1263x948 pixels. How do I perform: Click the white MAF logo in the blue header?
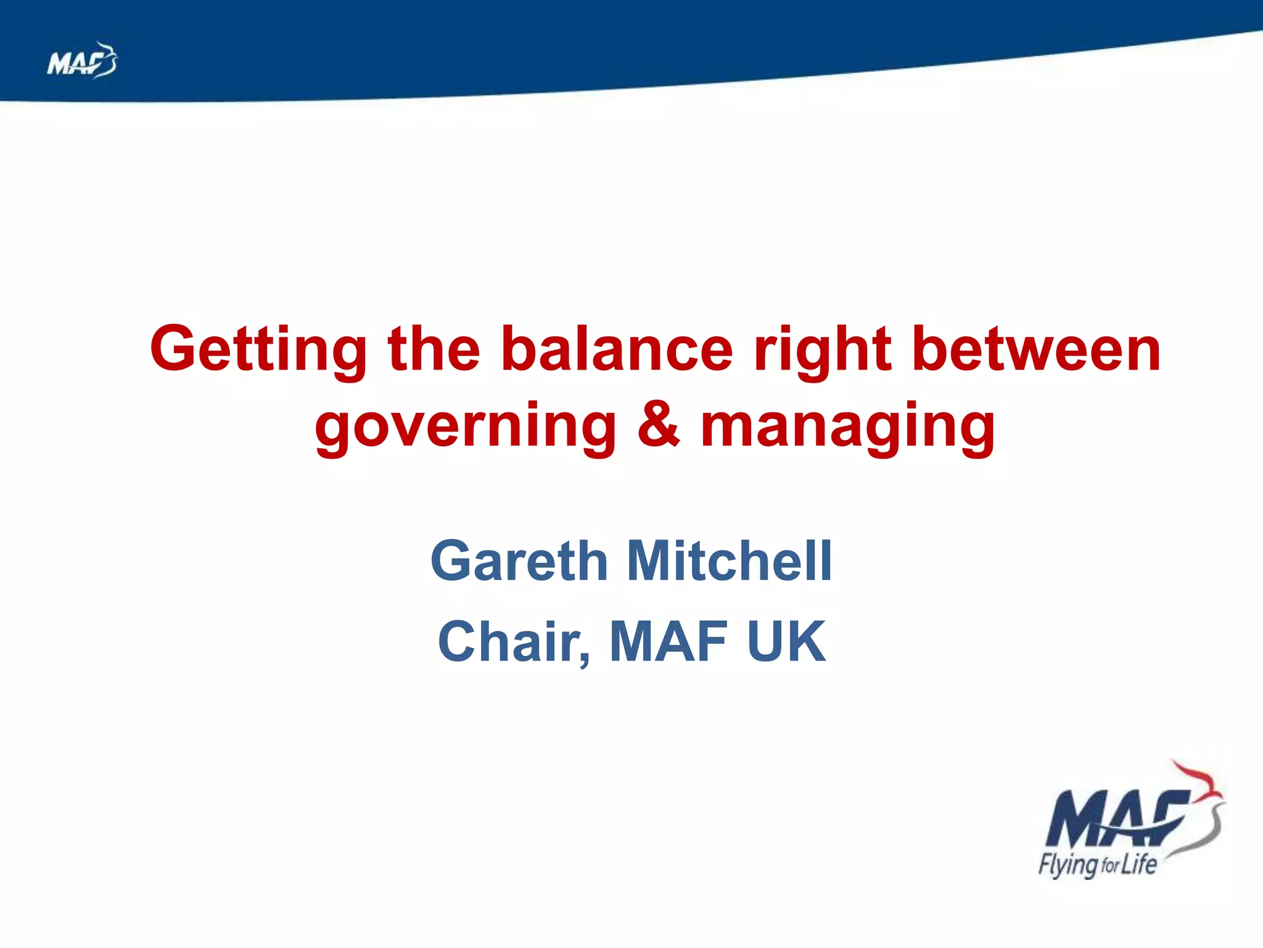coord(80,61)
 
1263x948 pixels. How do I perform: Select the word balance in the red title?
coord(617,350)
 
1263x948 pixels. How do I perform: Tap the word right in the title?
coord(823,350)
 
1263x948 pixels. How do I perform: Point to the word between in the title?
coord(1036,350)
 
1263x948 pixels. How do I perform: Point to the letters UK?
coord(786,642)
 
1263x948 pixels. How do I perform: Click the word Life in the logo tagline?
coord(1138,864)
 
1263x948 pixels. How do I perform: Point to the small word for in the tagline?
coord(1109,867)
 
